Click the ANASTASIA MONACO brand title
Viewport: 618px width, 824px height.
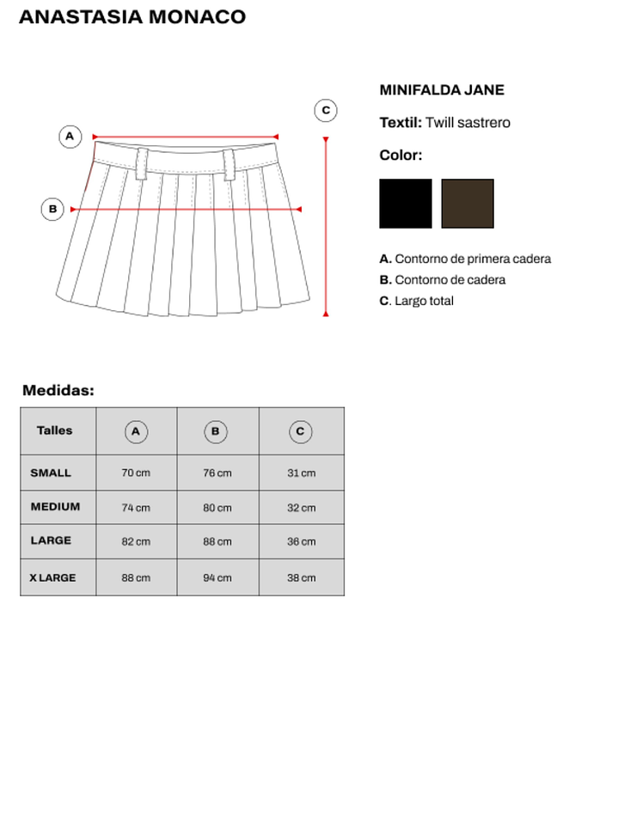tap(132, 17)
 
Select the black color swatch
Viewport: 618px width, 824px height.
tap(406, 204)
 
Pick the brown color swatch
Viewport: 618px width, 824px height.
tap(468, 204)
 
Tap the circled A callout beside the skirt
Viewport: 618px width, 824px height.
tap(70, 137)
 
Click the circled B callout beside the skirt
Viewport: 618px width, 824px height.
tap(52, 209)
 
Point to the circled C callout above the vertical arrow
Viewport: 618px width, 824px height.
tap(326, 111)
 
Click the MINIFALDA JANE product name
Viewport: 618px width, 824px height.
tap(442, 90)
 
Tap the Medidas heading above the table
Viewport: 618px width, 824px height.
tap(58, 390)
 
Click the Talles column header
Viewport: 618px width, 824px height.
tap(55, 430)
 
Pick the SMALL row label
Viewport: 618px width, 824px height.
tap(51, 473)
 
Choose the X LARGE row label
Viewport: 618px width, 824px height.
tap(52, 577)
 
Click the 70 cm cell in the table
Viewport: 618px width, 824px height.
tap(136, 473)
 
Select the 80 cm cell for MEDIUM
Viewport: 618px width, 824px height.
tap(217, 508)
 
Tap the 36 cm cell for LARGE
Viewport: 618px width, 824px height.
tap(301, 542)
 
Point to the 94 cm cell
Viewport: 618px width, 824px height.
tap(217, 578)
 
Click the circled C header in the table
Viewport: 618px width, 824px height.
tap(300, 431)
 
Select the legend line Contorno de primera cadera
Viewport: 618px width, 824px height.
tap(472, 259)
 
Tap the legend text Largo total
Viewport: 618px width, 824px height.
tap(424, 301)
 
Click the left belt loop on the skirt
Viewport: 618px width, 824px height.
tap(142, 164)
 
